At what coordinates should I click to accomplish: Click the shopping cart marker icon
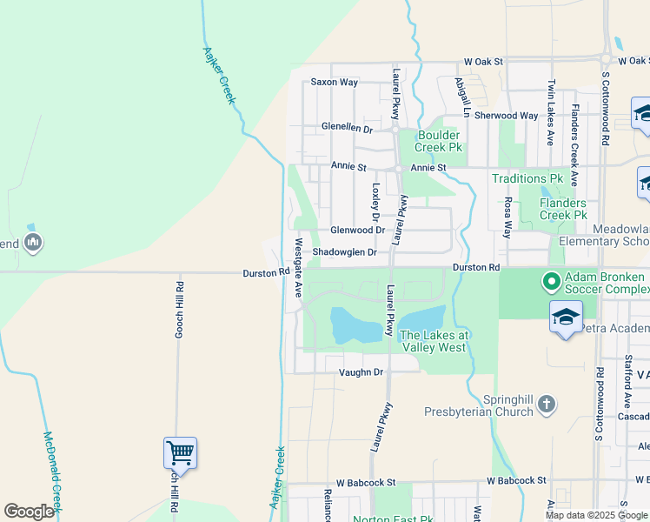[x=180, y=452]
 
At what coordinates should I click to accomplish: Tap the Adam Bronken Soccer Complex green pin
[x=550, y=281]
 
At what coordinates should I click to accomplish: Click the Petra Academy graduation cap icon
[x=565, y=316]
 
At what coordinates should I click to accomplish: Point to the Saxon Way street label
[x=335, y=83]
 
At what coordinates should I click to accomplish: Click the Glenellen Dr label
[x=347, y=128]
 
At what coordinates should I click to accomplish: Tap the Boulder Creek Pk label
[x=439, y=141]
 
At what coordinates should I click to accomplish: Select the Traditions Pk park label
[x=527, y=179]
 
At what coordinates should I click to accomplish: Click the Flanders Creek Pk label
[x=563, y=209]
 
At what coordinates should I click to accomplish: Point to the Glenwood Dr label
[x=357, y=231]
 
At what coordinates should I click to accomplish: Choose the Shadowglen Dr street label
[x=345, y=252]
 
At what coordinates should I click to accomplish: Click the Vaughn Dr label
[x=361, y=372]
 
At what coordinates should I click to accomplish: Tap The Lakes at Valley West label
[x=434, y=341]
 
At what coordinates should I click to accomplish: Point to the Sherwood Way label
[x=506, y=116]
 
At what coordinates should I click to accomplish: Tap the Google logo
[x=29, y=512]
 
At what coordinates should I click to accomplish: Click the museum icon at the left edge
[x=33, y=241]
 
